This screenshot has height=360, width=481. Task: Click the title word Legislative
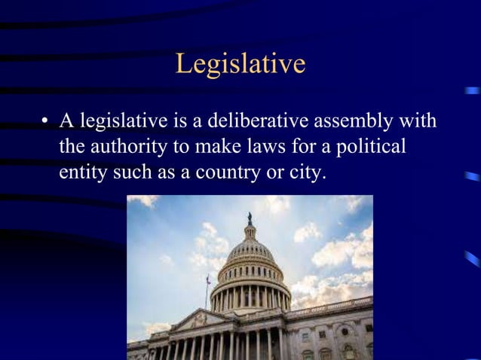tap(240, 64)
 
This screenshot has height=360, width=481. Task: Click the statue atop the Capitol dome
tap(250, 218)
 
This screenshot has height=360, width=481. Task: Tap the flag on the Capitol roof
tap(207, 279)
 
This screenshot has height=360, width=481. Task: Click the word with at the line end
tap(420, 121)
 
